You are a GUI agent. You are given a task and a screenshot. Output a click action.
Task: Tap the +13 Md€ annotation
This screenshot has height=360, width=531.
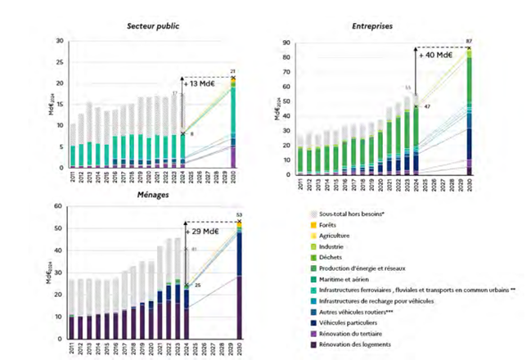point(202,83)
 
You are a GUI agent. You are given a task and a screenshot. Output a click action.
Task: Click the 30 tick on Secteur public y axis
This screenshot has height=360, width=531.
point(58,41)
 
